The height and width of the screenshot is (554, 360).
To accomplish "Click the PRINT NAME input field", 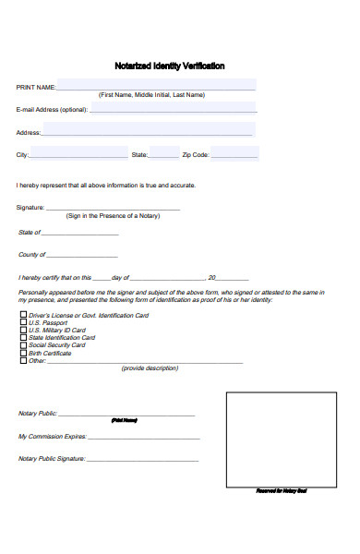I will coord(156,85).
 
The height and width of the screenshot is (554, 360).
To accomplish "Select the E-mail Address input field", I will coord(172,109).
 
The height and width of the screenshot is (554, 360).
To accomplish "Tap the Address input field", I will coord(148,130).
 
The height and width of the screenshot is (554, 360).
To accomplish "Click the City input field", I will coord(79,153).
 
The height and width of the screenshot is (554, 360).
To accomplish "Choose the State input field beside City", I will coord(164,153).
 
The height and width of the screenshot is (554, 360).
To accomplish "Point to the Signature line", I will coord(113,208).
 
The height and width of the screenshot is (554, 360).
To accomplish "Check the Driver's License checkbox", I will coord(23,315).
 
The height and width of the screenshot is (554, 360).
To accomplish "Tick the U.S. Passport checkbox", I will coord(23,322).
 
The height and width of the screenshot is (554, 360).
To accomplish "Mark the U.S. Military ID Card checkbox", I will coord(23,330).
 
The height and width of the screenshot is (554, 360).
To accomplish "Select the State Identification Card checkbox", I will coord(23,337).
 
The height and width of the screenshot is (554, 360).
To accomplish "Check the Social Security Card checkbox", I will coord(23,344).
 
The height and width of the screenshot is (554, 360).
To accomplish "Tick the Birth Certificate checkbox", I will coord(23,353).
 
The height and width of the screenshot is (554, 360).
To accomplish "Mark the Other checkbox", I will coord(23,360).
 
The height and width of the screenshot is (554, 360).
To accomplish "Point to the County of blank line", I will coord(82,255).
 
